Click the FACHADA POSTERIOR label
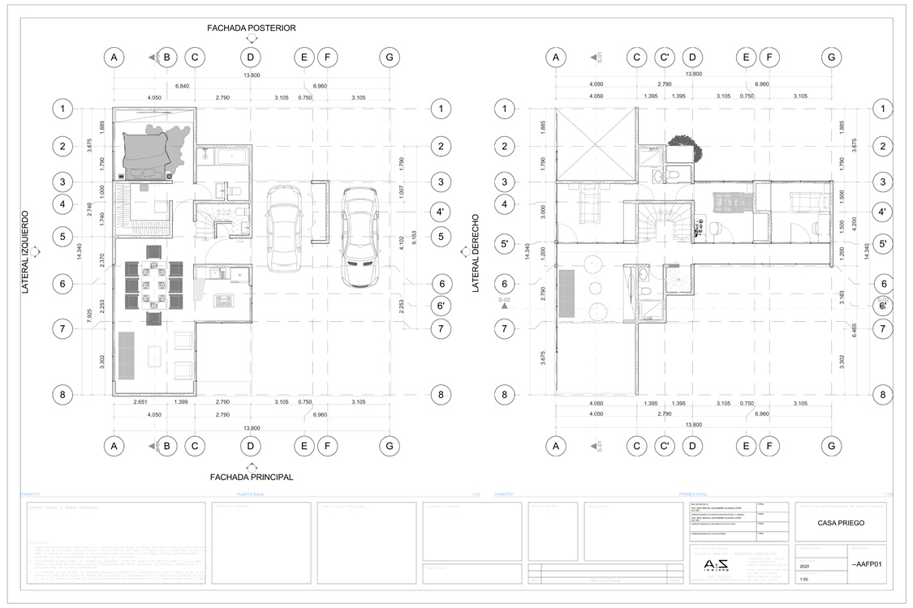251,28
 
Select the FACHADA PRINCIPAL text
251,477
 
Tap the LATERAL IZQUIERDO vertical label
25,252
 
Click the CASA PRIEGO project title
842,523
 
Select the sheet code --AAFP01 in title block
865,565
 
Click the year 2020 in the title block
804,567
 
